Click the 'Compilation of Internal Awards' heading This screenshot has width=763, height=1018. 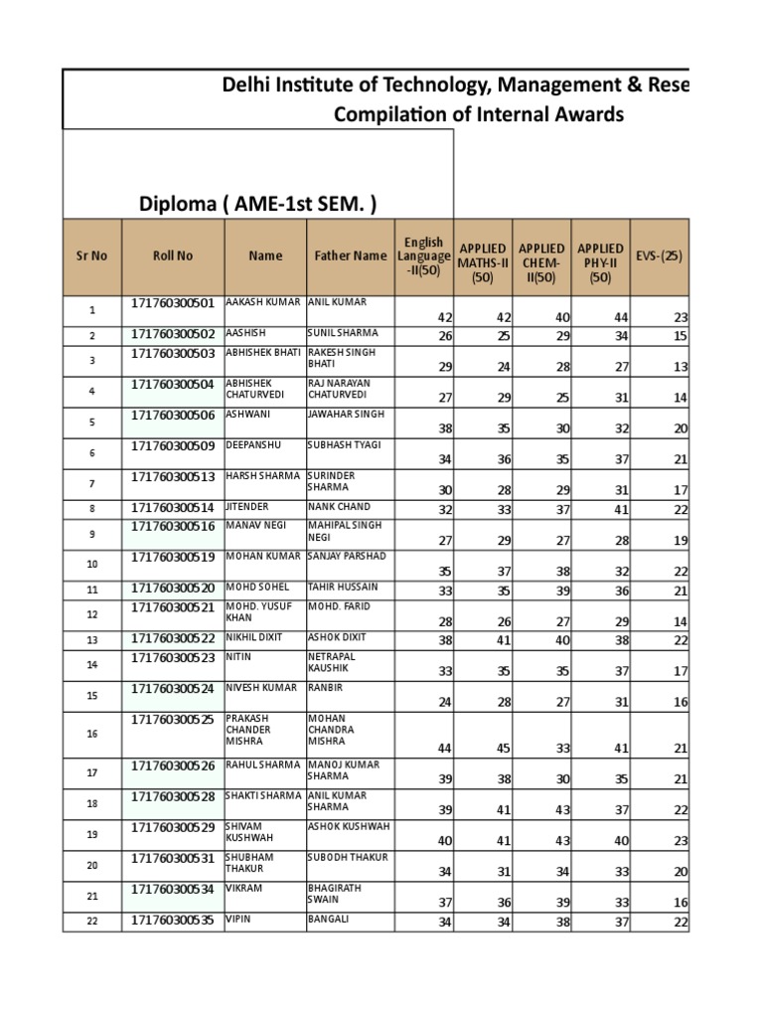pos(479,114)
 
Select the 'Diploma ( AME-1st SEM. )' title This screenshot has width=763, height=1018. pos(258,204)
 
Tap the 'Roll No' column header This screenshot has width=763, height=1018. pos(173,255)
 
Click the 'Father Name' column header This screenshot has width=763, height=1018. pos(351,255)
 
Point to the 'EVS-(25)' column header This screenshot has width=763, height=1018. pos(660,255)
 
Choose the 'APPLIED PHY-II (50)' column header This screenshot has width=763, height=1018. pos(600,262)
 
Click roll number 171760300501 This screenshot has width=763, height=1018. pos(173,302)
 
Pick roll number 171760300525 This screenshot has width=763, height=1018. pos(173,718)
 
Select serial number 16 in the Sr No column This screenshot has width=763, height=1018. pos(92,734)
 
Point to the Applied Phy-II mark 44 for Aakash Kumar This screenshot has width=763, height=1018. pos(593,317)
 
